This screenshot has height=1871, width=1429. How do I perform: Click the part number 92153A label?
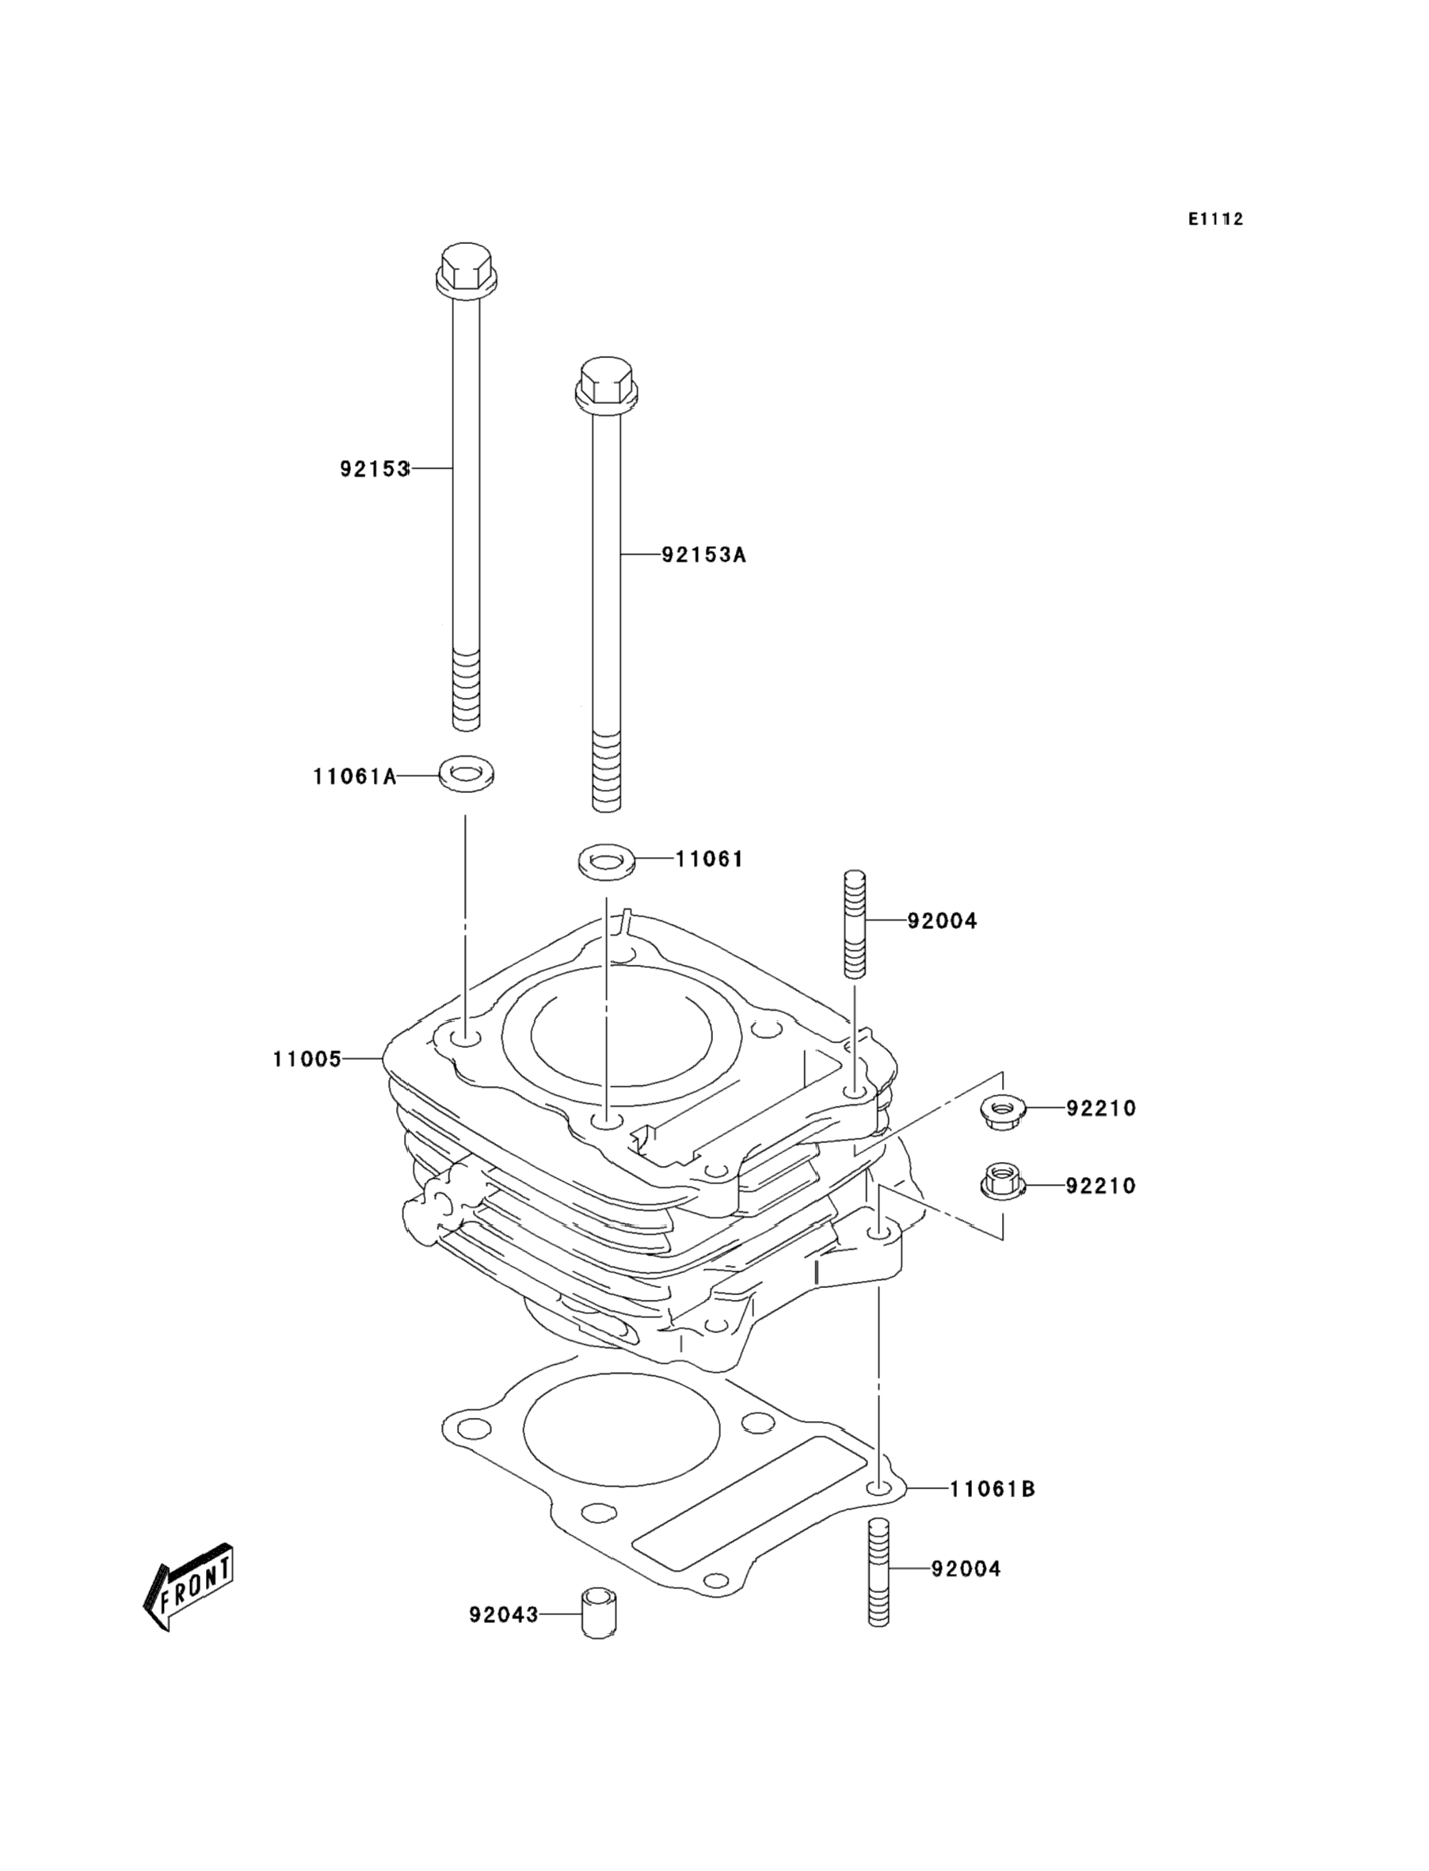tap(703, 555)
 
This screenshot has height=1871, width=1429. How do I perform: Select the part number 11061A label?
tap(355, 776)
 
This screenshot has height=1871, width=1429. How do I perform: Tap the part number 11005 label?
tap(307, 1060)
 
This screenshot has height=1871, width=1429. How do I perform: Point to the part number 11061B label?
tap(992, 1489)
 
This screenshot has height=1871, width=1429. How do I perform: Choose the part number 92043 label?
tap(504, 1614)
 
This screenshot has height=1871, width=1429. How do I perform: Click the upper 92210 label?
tap(1101, 1109)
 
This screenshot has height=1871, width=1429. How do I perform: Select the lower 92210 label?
tap(1101, 1186)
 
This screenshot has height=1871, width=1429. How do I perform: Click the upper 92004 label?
tap(942, 921)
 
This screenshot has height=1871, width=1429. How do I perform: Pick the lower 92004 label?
tap(966, 1569)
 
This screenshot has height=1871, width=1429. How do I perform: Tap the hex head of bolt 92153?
tap(465, 268)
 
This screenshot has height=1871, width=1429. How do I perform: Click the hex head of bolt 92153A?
tap(607, 383)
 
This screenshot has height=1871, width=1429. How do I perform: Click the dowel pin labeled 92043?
tap(599, 1613)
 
